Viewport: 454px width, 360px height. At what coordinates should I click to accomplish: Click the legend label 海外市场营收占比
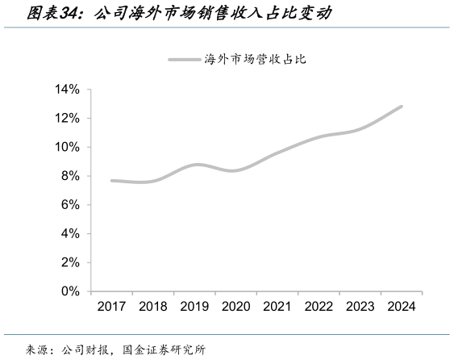point(256,59)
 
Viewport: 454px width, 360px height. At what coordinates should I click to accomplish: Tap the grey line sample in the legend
point(185,59)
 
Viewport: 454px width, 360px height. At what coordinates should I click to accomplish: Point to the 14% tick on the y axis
point(68,90)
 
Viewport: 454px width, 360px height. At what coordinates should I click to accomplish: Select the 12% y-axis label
point(68,119)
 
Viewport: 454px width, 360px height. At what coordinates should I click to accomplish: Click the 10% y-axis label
point(68,147)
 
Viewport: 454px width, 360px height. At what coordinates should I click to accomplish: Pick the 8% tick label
point(71,176)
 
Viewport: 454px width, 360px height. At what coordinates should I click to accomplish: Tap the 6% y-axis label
point(71,205)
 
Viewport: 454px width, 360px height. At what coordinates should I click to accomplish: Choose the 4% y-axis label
point(71,233)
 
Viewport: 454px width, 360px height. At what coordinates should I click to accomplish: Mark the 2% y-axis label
point(71,262)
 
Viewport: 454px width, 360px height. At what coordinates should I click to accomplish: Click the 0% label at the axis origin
point(71,291)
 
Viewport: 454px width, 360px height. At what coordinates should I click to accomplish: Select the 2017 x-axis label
point(111,307)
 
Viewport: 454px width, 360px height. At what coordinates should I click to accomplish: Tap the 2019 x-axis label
point(194,307)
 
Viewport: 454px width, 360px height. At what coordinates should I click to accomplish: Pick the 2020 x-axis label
point(235,307)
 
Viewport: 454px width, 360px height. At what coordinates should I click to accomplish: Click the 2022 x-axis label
point(319,307)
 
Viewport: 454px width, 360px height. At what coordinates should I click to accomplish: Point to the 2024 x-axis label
point(401,307)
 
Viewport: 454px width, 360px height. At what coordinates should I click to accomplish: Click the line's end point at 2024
point(401,107)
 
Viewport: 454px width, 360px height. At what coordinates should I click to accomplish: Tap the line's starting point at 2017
point(111,181)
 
